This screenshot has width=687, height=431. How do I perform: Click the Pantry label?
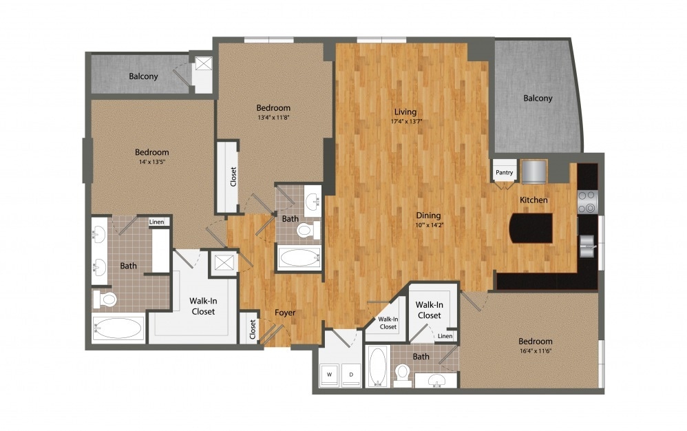click(503, 173)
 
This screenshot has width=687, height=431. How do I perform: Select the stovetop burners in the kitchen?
click(586, 201)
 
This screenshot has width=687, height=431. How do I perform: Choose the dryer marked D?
click(350, 375)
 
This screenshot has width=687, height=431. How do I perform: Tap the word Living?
click(405, 112)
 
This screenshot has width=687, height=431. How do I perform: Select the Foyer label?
click(284, 313)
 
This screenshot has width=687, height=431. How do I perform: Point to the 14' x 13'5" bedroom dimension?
click(151, 162)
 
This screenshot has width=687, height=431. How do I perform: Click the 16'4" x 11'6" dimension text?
click(535, 352)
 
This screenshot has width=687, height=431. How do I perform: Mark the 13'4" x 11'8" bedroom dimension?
click(273, 118)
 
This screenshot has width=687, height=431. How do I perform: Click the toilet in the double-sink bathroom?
click(105, 299)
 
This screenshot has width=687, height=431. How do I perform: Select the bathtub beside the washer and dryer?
click(377, 366)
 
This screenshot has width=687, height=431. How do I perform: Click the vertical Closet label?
click(233, 176)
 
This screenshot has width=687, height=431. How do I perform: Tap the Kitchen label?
click(533, 200)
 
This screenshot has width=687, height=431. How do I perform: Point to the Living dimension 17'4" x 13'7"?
click(405, 123)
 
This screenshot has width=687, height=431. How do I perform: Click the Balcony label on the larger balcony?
click(538, 98)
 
